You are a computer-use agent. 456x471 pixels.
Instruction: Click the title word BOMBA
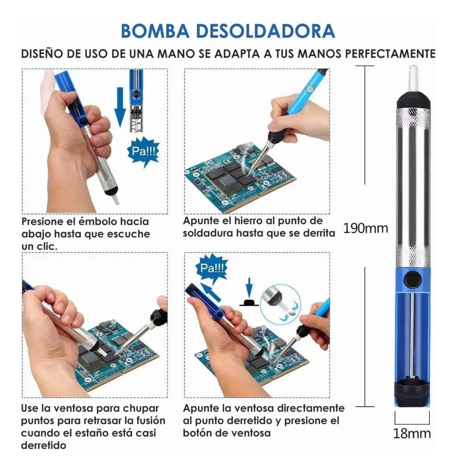(x=155, y=31)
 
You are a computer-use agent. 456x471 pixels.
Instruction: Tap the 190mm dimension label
(x=365, y=228)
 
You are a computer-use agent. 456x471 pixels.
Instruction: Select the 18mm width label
(x=412, y=434)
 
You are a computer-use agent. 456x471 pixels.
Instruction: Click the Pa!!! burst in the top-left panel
(x=143, y=151)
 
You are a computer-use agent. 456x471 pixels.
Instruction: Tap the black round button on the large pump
(x=412, y=279)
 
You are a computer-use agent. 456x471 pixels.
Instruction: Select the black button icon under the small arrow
(x=249, y=302)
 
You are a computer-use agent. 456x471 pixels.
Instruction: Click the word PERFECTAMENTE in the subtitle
(x=390, y=54)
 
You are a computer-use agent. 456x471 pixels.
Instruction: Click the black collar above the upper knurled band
(x=413, y=101)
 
